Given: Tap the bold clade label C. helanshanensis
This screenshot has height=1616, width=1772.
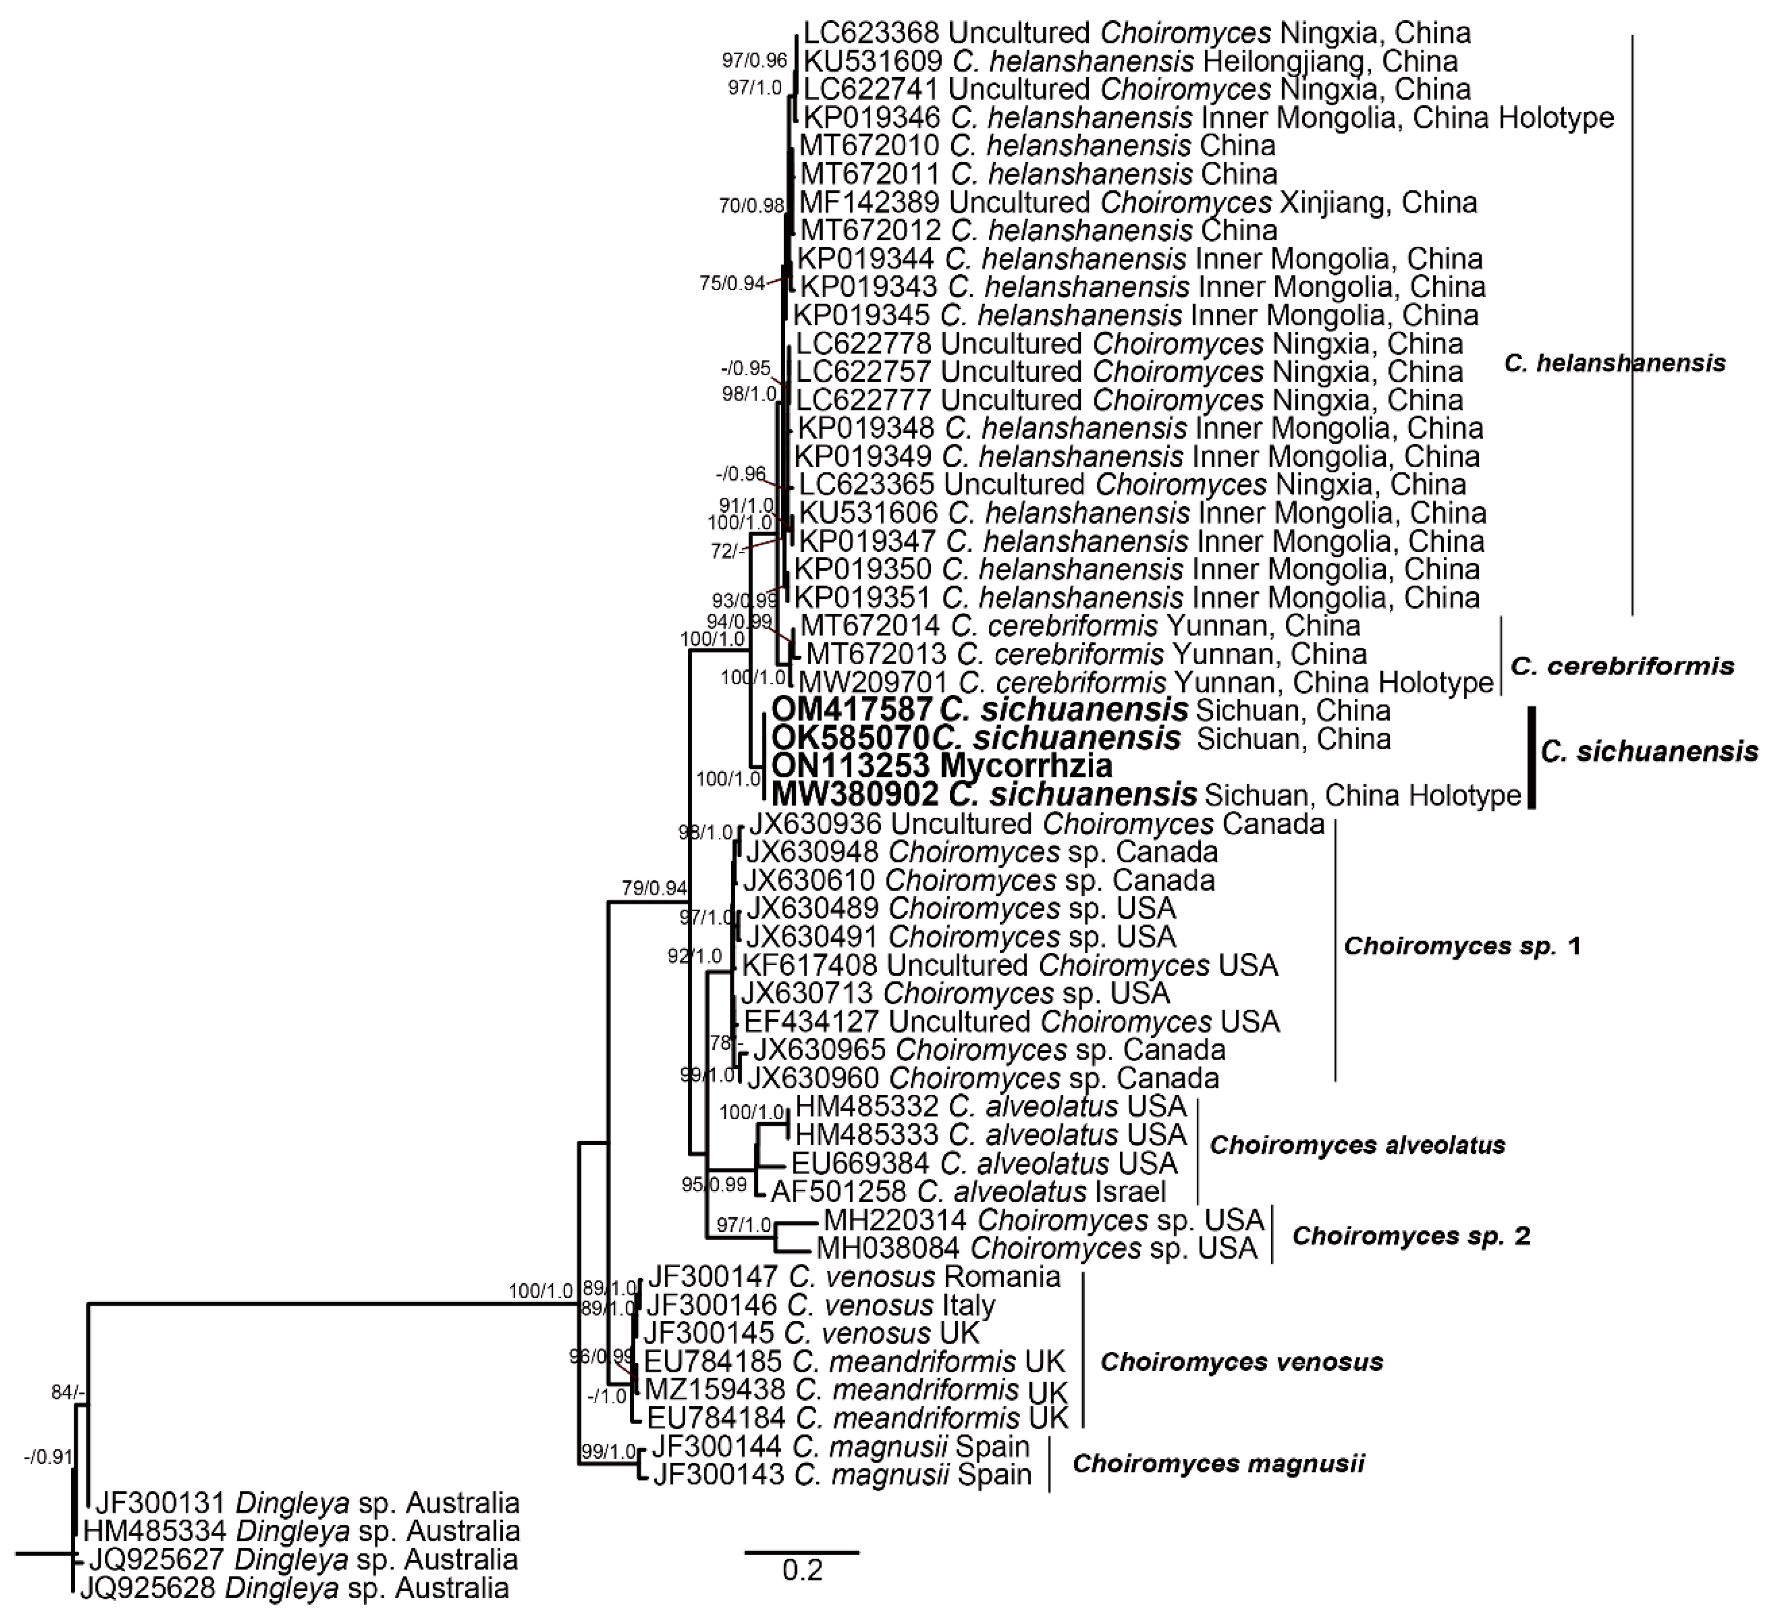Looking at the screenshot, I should [x=1614, y=362].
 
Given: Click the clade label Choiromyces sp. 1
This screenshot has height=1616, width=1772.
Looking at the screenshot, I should [x=1462, y=946].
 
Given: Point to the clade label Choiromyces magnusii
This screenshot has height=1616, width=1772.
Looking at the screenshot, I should [x=1218, y=1464].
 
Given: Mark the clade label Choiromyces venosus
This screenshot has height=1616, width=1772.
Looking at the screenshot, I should [x=1241, y=1362].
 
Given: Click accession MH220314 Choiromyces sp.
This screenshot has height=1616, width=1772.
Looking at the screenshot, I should [x=895, y=1220].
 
